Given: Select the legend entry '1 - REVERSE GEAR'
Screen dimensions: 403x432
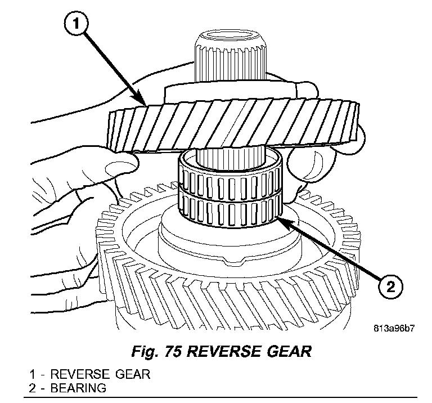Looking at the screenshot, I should (x=91, y=374).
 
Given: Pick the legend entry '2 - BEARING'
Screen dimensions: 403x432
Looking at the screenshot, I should (x=68, y=388).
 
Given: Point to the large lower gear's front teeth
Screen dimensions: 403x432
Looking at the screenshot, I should (x=225, y=293).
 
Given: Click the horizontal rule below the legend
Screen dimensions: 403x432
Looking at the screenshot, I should (x=225, y=397).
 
